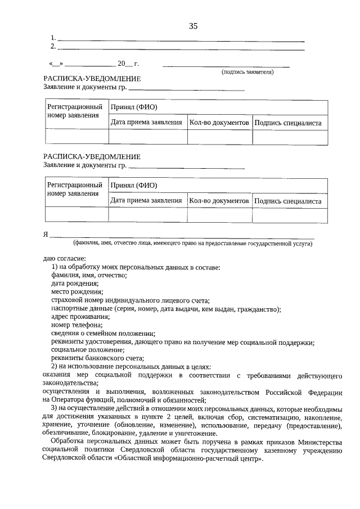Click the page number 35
click(x=193, y=26)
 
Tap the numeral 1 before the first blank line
click(x=52, y=38)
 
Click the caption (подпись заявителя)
click(x=247, y=72)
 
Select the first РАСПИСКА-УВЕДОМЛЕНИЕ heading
click(x=92, y=79)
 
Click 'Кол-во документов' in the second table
click(x=219, y=200)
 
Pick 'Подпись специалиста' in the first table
click(x=287, y=122)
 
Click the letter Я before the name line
click(x=46, y=235)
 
